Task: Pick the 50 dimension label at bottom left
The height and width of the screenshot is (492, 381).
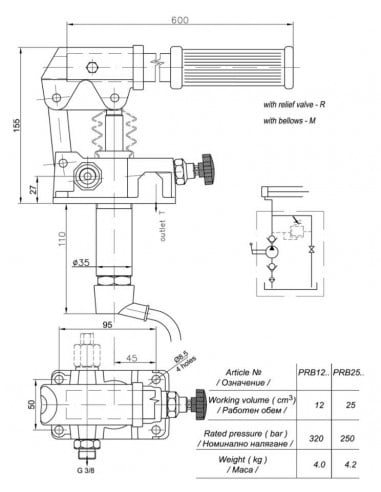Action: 30,404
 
